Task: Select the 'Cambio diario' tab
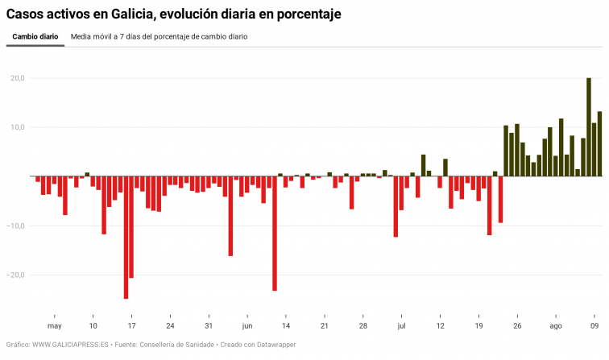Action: (35, 36)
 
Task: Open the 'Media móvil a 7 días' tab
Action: (159, 36)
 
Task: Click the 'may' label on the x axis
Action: (54, 326)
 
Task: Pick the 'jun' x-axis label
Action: (247, 326)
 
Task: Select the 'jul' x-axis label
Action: (401, 326)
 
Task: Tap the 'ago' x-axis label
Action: (555, 326)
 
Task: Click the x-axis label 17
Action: (131, 326)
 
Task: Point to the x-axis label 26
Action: (517, 326)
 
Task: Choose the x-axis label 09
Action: (594, 326)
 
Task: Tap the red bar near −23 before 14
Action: (275, 234)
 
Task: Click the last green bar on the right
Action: (599, 144)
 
